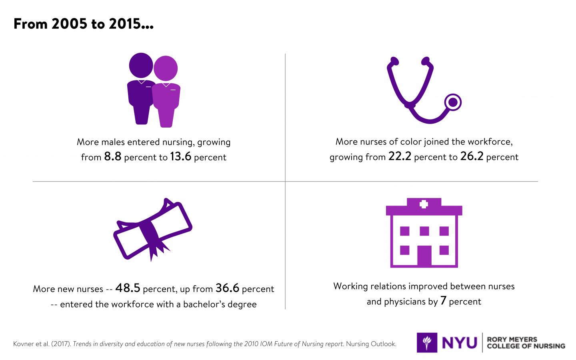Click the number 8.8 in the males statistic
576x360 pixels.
(112, 156)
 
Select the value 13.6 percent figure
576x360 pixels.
(181, 156)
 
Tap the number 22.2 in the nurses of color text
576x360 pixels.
(400, 156)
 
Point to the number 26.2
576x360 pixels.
(472, 156)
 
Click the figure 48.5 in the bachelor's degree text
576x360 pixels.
(128, 288)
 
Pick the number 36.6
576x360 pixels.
(227, 288)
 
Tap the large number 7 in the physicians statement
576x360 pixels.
(443, 301)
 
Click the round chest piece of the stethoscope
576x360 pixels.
(452, 102)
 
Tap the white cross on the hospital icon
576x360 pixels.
(423, 204)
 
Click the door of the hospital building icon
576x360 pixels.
(424, 256)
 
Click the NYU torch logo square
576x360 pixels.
(427, 343)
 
